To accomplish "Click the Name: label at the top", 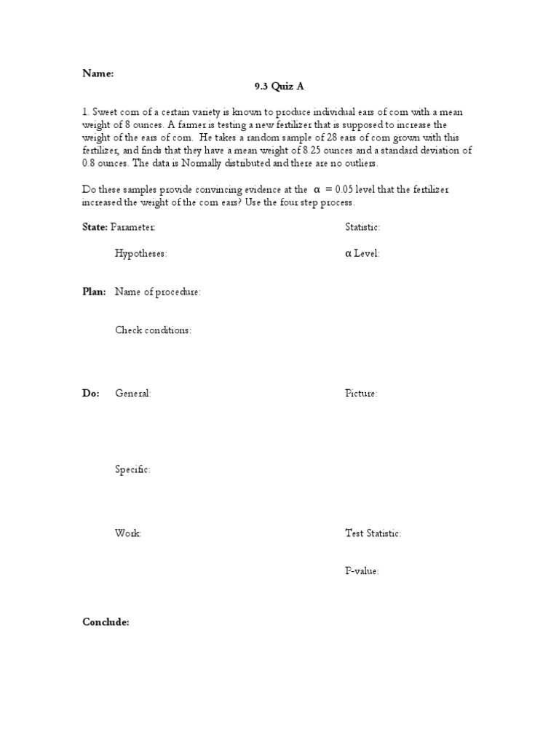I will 98,73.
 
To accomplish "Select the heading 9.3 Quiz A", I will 279,87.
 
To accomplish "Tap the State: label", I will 95,227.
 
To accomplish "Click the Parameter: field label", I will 133,227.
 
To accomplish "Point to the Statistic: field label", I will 362,227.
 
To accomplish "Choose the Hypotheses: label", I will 141,254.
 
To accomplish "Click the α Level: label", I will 362,254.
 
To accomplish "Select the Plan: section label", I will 95,292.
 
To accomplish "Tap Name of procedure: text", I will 158,292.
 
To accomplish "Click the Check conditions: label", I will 153,330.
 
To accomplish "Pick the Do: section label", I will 91,394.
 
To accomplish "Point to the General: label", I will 133,394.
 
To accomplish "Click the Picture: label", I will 361,394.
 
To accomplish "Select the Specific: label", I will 133,470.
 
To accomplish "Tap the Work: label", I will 128,533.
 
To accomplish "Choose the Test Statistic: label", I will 373,533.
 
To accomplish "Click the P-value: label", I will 362,571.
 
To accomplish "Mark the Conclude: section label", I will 106,623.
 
